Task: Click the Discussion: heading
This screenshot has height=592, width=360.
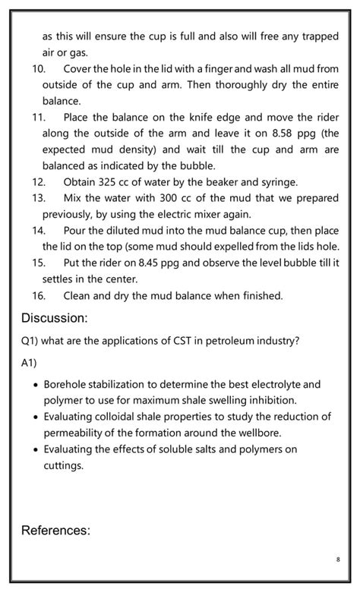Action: click(55, 317)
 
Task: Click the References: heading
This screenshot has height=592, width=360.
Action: click(55, 530)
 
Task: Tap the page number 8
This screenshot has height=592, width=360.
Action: click(337, 559)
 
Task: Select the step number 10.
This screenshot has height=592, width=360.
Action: click(38, 69)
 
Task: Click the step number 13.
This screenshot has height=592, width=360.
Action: click(39, 198)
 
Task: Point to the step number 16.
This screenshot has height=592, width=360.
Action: click(39, 295)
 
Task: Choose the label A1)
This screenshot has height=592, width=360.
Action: click(30, 363)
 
